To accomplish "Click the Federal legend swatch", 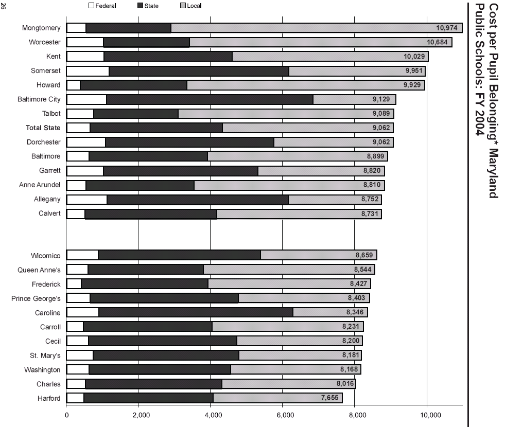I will click(x=92, y=6).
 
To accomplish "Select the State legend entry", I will click(x=151, y=6).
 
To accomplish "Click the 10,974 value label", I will click(x=446, y=28).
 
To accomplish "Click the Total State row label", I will click(x=43, y=128).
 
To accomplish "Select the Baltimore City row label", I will click(x=39, y=99).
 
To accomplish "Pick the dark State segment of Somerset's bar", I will click(x=199, y=70).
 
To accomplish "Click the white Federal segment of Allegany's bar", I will click(x=86, y=199).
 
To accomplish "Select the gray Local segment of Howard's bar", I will click(x=305, y=85).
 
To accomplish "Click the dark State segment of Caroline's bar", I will click(x=196, y=312).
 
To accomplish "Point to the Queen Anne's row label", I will click(x=39, y=270).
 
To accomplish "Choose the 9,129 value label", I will click(x=381, y=99).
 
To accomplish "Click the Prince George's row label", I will click(x=36, y=298).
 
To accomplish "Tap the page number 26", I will click(x=4, y=6).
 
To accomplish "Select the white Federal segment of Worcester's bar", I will click(x=85, y=42).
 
